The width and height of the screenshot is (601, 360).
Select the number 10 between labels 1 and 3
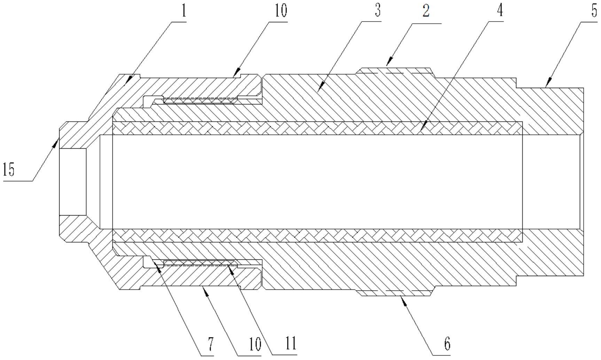pos(281,11)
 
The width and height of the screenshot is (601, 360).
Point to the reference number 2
pos(426,11)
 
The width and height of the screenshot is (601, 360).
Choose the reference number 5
pos(594,11)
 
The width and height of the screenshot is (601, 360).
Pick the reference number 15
pos(9,170)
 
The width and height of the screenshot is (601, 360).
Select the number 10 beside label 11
pos(255,344)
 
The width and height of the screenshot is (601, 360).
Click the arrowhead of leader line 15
pos(56,141)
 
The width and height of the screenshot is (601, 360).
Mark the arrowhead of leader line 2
pos(389,64)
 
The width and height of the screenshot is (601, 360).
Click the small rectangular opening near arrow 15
pos(72,181)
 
